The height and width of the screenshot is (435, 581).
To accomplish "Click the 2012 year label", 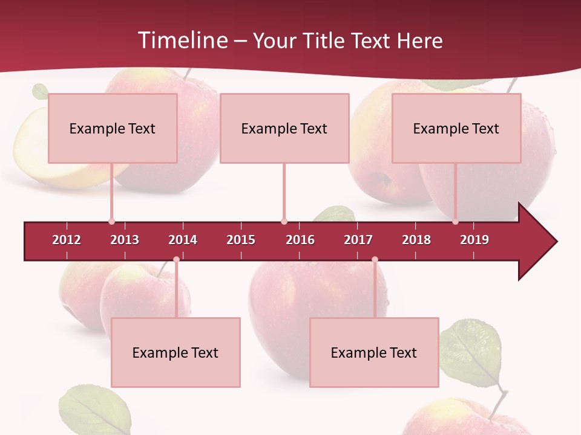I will [x=67, y=240].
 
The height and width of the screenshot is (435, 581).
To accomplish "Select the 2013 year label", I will [x=125, y=240].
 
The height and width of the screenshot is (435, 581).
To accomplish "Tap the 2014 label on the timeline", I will [x=183, y=240].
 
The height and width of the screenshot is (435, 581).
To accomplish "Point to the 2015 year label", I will [x=241, y=240].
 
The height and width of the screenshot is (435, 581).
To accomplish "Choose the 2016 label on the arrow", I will [x=300, y=240].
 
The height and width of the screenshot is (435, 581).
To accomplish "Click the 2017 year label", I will [x=358, y=240].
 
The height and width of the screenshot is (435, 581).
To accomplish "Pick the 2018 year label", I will [x=416, y=240].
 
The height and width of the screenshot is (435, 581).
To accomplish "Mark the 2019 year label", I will [x=474, y=240].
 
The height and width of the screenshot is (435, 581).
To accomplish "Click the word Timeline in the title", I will [x=183, y=40].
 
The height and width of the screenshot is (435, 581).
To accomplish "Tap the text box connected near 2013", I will [x=113, y=128].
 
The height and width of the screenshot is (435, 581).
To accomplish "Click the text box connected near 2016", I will [x=284, y=128].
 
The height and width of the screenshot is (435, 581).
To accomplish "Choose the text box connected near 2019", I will [x=456, y=128].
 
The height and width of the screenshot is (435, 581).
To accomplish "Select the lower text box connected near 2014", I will [x=176, y=352].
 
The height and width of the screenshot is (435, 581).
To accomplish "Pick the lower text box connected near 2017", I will [x=374, y=352].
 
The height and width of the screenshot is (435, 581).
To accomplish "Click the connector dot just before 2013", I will [x=112, y=222].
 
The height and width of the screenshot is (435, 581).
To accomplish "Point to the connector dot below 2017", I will [x=375, y=259].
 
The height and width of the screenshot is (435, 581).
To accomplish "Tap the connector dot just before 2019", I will [x=456, y=222].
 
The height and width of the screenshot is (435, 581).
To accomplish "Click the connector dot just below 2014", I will [x=176, y=259].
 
